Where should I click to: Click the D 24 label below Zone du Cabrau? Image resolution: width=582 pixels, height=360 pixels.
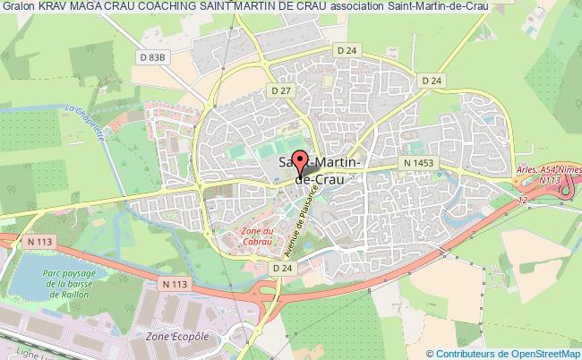pyautogui.click(x=283, y=267)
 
